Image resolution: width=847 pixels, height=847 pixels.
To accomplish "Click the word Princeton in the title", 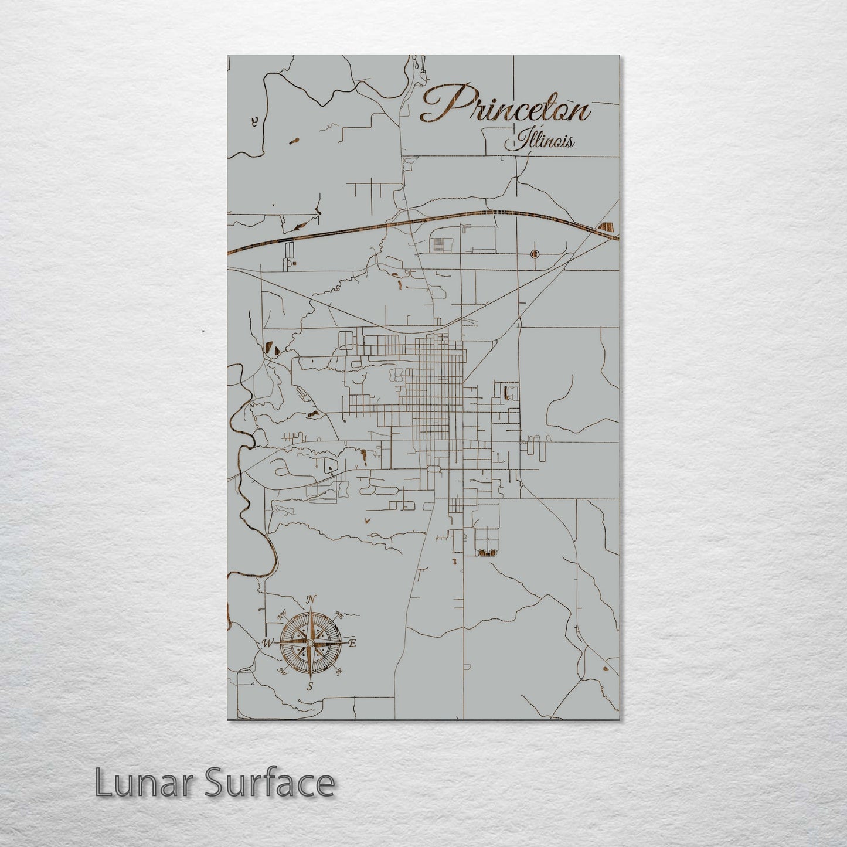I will pos(505,106).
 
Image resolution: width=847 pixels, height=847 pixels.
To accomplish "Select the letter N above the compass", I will pos(312,599).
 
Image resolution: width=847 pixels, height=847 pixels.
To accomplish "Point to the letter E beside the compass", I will pos(353,644).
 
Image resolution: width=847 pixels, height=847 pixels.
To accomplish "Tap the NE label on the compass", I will pos(339,615).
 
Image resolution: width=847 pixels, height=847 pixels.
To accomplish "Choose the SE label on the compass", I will pos(340,672).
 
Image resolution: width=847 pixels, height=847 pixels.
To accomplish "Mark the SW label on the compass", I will pos(282,672).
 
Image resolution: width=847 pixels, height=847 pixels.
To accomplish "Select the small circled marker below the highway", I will pos(534,254).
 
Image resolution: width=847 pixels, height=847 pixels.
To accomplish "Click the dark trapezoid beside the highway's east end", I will pos(607,227).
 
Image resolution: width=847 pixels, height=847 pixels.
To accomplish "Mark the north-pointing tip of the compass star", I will pos(311,610).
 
